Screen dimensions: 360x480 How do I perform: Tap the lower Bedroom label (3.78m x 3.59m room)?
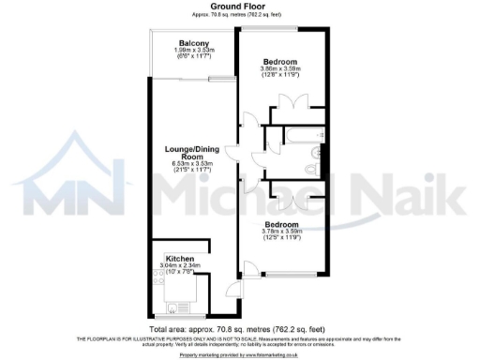[x=281, y=226]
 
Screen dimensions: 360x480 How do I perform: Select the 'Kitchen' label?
[x=180, y=258]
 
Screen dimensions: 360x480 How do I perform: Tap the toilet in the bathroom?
[x=312, y=169]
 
